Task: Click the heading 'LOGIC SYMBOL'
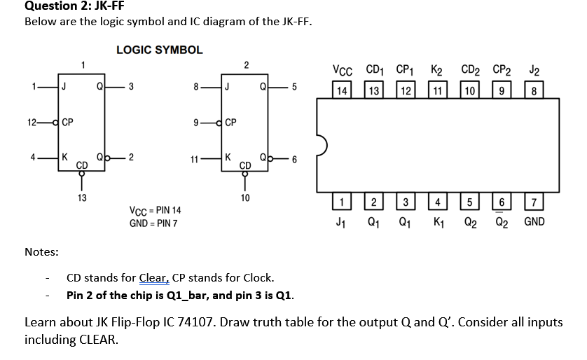tap(159, 50)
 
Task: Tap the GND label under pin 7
tap(534, 222)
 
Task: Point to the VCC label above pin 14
tap(342, 71)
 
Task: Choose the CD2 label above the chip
tap(470, 71)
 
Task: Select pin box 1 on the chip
tap(341, 204)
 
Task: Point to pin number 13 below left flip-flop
tap(82, 198)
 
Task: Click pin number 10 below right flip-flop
tap(244, 198)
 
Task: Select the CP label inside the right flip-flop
tap(230, 123)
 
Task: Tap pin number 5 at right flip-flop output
tap(294, 88)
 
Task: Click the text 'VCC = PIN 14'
tap(156, 210)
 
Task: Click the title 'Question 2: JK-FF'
tap(69, 6)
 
